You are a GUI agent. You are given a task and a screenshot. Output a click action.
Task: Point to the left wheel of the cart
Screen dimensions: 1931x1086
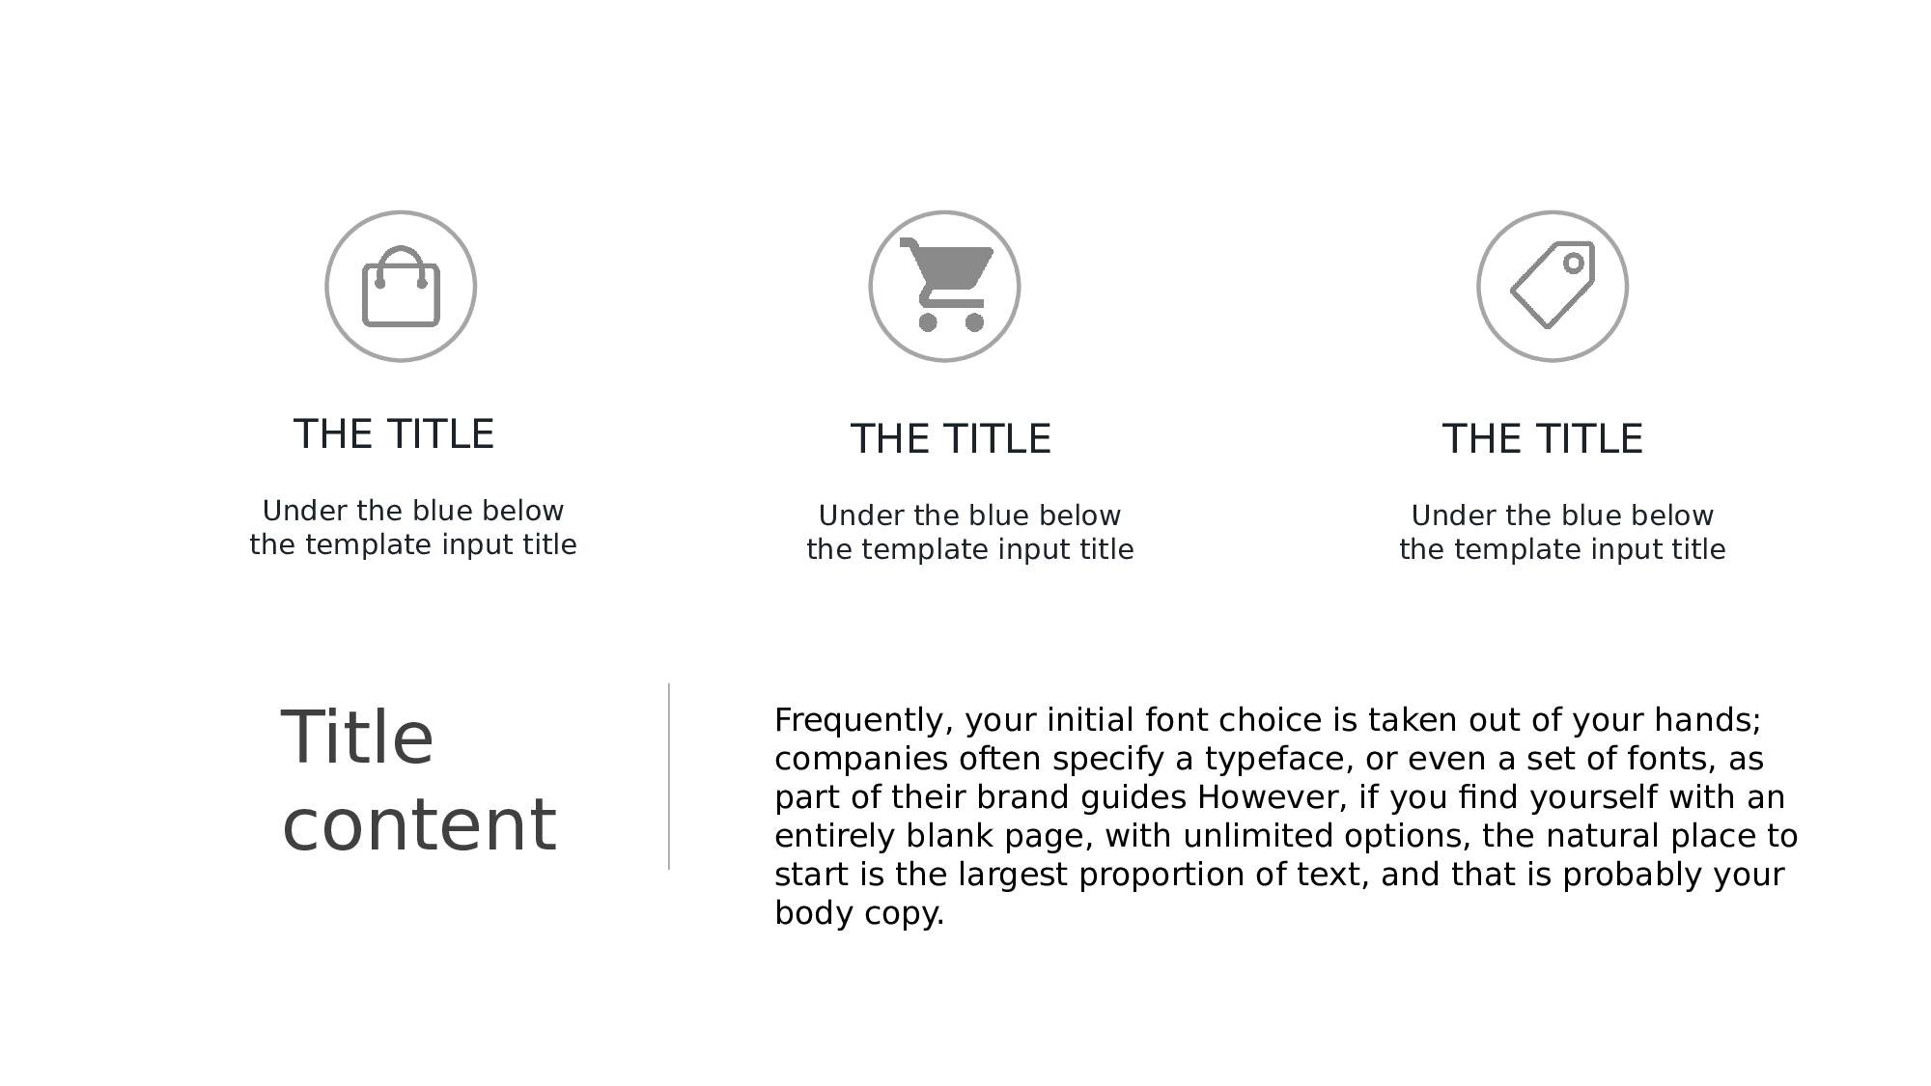(928, 322)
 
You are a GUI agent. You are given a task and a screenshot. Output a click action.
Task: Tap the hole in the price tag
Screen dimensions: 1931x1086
(1574, 263)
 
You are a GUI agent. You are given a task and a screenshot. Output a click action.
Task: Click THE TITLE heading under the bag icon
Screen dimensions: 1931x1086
(394, 434)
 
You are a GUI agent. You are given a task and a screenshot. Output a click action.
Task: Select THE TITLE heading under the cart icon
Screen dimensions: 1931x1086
(951, 439)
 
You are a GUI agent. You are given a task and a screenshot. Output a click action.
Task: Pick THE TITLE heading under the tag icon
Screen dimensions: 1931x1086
(1543, 439)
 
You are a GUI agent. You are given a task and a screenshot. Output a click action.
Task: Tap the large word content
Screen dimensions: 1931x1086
(419, 825)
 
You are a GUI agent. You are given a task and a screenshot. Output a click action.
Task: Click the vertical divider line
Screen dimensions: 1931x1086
(669, 776)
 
